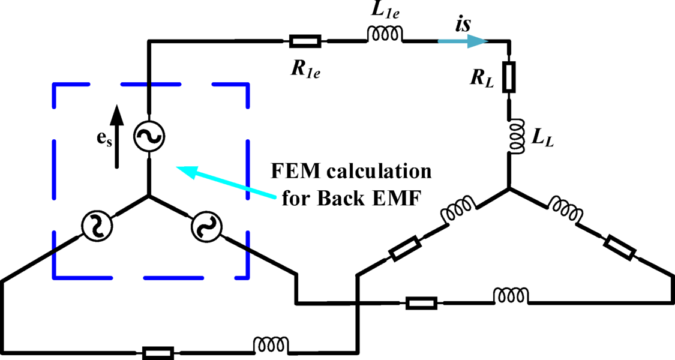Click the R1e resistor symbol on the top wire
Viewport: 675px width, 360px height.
pos(305,41)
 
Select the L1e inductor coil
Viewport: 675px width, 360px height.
pos(385,37)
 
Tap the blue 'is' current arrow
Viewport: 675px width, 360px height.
pos(462,41)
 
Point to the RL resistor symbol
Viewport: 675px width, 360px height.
pos(509,77)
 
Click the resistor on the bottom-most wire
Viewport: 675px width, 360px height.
pos(158,353)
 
